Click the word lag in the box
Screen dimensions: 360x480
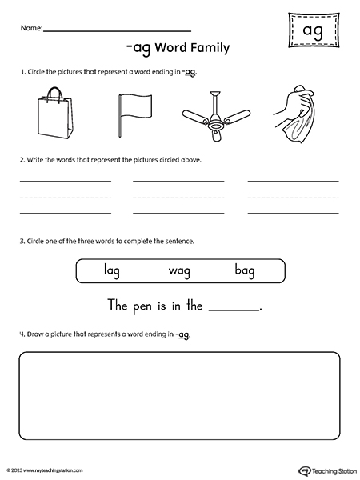[x=112, y=271]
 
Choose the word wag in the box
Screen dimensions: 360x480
[x=179, y=271]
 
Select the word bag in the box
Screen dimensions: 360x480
[x=245, y=271]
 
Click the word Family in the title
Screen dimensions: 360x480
[x=207, y=48]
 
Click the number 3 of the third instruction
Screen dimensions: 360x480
[x=21, y=241]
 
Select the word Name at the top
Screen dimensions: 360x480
[x=30, y=28]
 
